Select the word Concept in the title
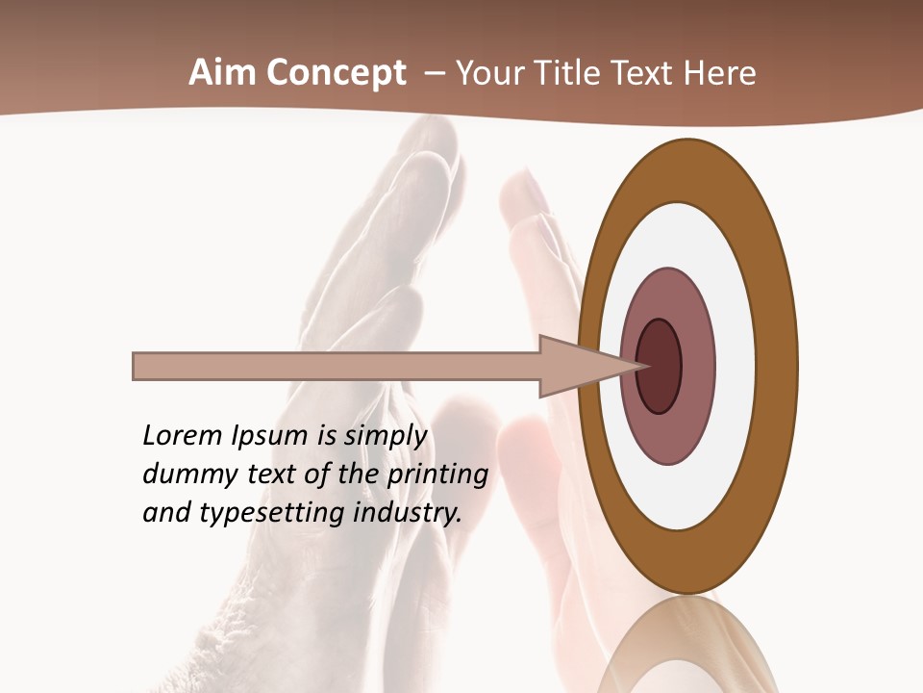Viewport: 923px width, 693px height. [x=337, y=72]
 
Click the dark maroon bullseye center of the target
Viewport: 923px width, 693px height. [x=660, y=366]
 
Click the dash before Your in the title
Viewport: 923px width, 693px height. [x=434, y=73]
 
